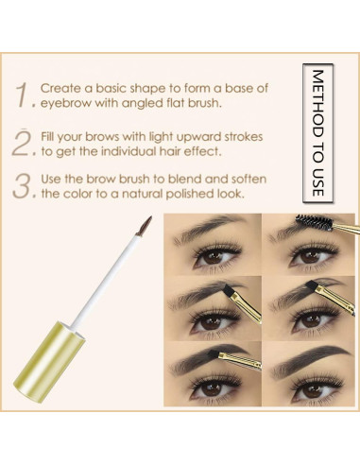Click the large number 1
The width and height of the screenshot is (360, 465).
(x=24, y=94)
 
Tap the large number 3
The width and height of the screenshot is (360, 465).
(x=24, y=184)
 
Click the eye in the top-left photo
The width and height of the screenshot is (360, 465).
(x=214, y=255)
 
